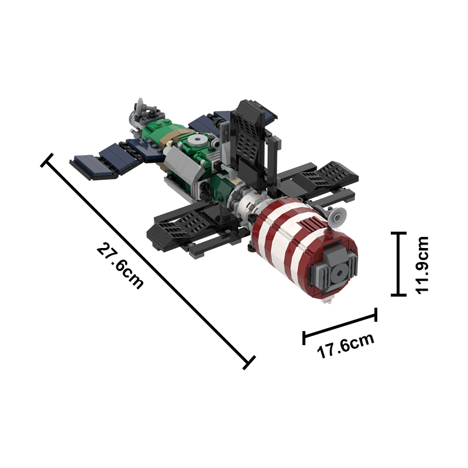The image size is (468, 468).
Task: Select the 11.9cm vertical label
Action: coord(421,264)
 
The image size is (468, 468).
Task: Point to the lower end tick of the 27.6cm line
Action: coord(249,362)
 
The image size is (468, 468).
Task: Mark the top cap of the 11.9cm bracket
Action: coord(398,233)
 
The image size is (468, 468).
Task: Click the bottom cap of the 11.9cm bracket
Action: coord(398,294)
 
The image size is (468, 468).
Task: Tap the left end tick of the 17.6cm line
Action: coord(304,338)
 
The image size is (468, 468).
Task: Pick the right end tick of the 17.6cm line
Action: coord(375,315)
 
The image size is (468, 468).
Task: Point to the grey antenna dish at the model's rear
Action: coord(141,108)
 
